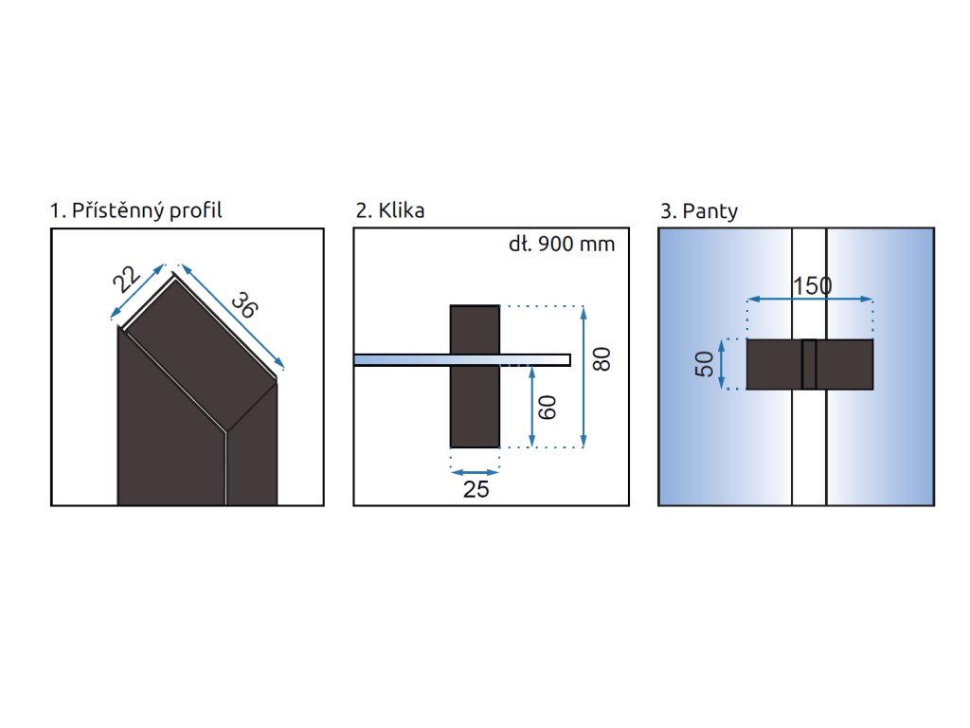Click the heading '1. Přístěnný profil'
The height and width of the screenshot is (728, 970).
(136, 210)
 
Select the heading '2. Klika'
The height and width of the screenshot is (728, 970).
(390, 210)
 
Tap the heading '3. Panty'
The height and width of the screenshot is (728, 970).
(699, 210)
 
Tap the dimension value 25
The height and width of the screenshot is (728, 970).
(476, 489)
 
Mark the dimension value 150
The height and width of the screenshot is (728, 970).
(811, 285)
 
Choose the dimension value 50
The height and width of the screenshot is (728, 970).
(705, 364)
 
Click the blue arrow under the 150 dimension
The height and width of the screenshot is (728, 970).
(811, 300)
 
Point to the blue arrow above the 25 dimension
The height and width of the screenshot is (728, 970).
(475, 471)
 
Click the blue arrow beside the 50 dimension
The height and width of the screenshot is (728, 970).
(723, 364)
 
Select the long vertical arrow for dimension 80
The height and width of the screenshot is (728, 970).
(584, 375)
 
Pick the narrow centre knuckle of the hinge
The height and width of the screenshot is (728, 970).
(809, 364)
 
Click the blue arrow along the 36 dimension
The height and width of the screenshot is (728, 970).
(229, 317)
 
